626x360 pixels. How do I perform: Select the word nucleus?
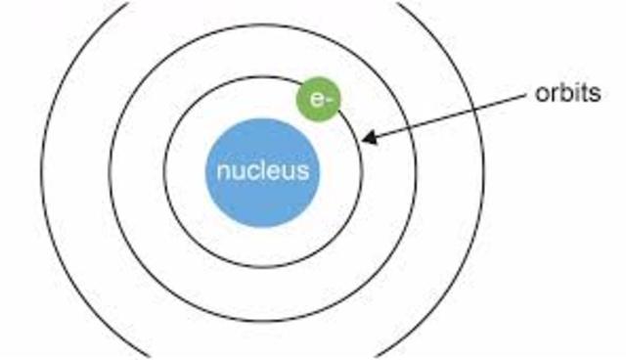tap(262, 172)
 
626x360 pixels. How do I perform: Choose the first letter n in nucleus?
tap(223, 173)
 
